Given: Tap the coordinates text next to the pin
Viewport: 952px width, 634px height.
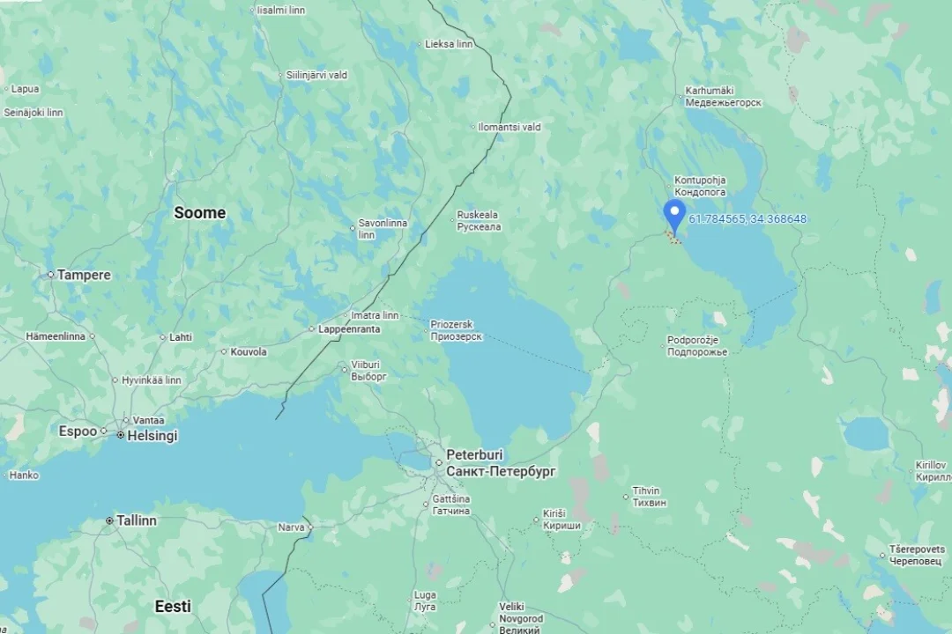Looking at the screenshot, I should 747,219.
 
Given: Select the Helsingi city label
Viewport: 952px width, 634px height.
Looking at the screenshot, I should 152,436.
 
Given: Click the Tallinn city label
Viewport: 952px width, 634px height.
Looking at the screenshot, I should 137,520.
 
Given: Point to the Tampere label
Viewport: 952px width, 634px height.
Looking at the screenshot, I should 85,275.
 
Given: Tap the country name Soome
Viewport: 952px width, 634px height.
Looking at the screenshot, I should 199,212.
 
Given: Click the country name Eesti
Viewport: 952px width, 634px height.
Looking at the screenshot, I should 173,606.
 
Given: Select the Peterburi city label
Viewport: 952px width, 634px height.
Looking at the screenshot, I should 474,454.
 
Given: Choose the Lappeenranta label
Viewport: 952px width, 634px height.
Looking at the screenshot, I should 350,329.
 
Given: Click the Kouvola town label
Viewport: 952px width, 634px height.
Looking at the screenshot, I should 249,351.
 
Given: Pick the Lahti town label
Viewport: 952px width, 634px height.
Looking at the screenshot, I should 181,337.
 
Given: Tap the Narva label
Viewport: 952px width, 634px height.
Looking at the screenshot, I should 291,527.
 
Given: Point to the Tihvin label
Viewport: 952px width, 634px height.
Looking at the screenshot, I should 646,490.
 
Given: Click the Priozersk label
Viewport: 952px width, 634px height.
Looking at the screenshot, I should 451,325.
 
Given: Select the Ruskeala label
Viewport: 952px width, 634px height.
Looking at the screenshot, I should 477,215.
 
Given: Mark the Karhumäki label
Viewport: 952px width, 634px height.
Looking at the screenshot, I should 710,91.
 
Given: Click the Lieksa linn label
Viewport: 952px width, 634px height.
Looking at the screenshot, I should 449,44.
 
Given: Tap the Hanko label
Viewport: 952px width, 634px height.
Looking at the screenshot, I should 24,475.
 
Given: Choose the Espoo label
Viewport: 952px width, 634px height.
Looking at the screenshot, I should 78,431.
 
